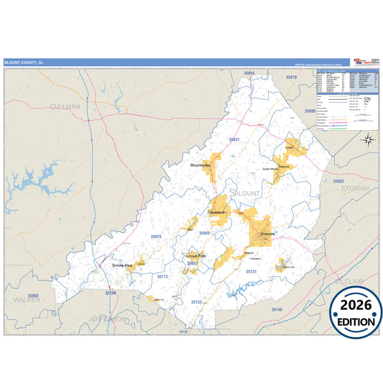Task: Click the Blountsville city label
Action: pyautogui.click(x=200, y=165)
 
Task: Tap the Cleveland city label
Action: pyautogui.click(x=216, y=213)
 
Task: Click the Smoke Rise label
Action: pyautogui.click(x=122, y=265)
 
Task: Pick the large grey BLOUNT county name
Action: pyautogui.click(x=247, y=194)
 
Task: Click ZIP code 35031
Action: pyautogui.click(x=234, y=139)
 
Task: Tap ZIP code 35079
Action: pyautogui.click(x=156, y=236)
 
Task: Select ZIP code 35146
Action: pyautogui.click(x=277, y=309)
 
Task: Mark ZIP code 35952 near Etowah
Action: pyautogui.click(x=338, y=181)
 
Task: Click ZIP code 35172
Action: pyautogui.click(x=162, y=276)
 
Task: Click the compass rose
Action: pyautogui.click(x=367, y=140)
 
